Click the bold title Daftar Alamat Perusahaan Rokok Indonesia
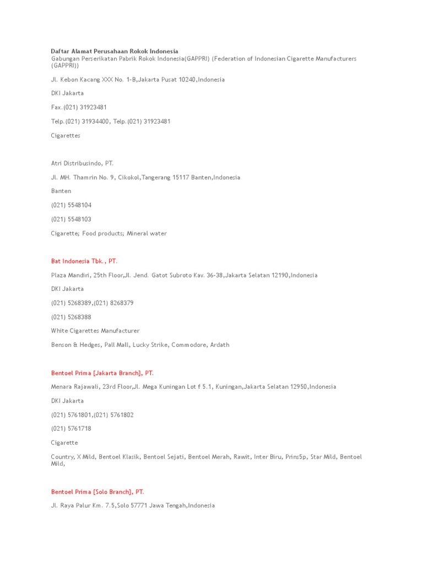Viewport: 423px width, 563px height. point(115,51)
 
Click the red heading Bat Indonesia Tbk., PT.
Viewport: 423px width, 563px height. point(84,261)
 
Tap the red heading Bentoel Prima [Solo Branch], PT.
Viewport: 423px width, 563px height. point(97,492)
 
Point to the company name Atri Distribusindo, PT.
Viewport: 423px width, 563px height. point(82,163)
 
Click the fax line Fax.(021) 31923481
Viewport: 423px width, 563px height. point(79,107)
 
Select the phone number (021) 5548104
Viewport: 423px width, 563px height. point(72,205)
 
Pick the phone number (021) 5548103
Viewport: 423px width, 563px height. point(72,219)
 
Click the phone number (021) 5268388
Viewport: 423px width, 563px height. point(72,317)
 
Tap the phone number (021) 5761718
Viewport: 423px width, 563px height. point(72,428)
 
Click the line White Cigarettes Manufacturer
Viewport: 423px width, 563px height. point(95,330)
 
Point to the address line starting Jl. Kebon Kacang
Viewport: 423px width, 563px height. point(138,79)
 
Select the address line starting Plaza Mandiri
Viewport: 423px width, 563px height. point(184,275)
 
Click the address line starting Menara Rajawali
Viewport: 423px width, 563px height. point(193,387)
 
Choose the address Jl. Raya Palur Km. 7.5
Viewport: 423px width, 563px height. point(133,505)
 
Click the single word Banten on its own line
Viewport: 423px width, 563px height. point(61,191)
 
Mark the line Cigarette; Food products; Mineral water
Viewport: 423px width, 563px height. point(109,233)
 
